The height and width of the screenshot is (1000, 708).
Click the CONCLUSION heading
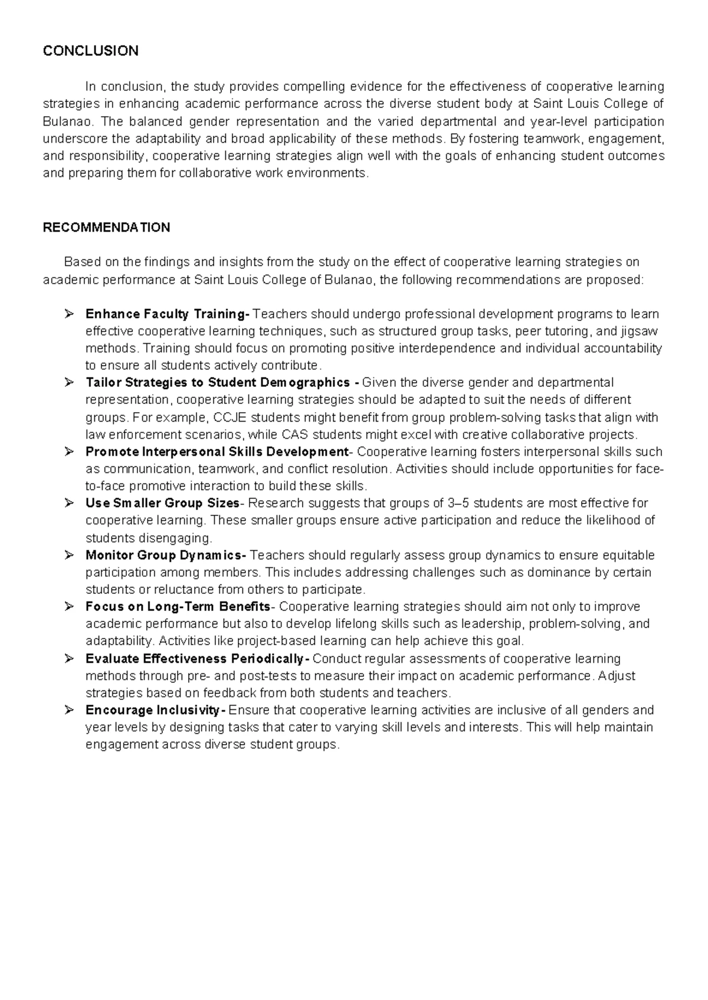90,51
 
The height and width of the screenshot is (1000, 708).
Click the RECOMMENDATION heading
106,228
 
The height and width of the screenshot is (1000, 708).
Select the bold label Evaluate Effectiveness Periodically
196,658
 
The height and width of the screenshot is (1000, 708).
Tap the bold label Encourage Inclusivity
155,710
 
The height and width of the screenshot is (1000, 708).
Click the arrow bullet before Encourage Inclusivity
68,710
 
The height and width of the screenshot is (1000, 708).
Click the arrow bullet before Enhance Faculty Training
68,314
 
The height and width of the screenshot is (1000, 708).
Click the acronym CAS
295,435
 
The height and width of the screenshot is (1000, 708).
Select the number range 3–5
460,503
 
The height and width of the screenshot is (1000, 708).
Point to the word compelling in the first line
314,87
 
